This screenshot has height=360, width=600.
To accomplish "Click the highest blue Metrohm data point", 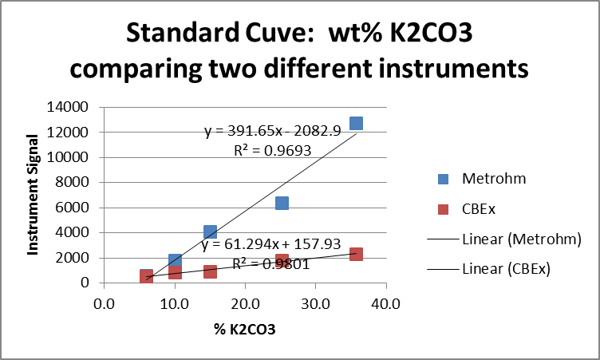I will [x=356, y=123].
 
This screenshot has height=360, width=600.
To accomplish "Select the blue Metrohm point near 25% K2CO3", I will [x=282, y=204].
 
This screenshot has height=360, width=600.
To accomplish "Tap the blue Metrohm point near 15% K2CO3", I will [x=211, y=231].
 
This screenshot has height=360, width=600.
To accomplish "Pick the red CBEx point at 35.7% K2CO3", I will [x=356, y=254].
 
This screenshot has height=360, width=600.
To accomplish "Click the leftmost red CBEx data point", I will [x=147, y=275].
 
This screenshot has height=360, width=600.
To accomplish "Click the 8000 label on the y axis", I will [x=83, y=182].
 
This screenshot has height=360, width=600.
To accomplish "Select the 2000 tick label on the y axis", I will [x=83, y=258].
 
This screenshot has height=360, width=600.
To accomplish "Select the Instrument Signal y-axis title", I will [x=34, y=195].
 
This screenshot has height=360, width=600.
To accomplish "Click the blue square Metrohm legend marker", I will [x=442, y=179].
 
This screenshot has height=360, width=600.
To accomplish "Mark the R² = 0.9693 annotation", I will [x=266, y=148].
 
